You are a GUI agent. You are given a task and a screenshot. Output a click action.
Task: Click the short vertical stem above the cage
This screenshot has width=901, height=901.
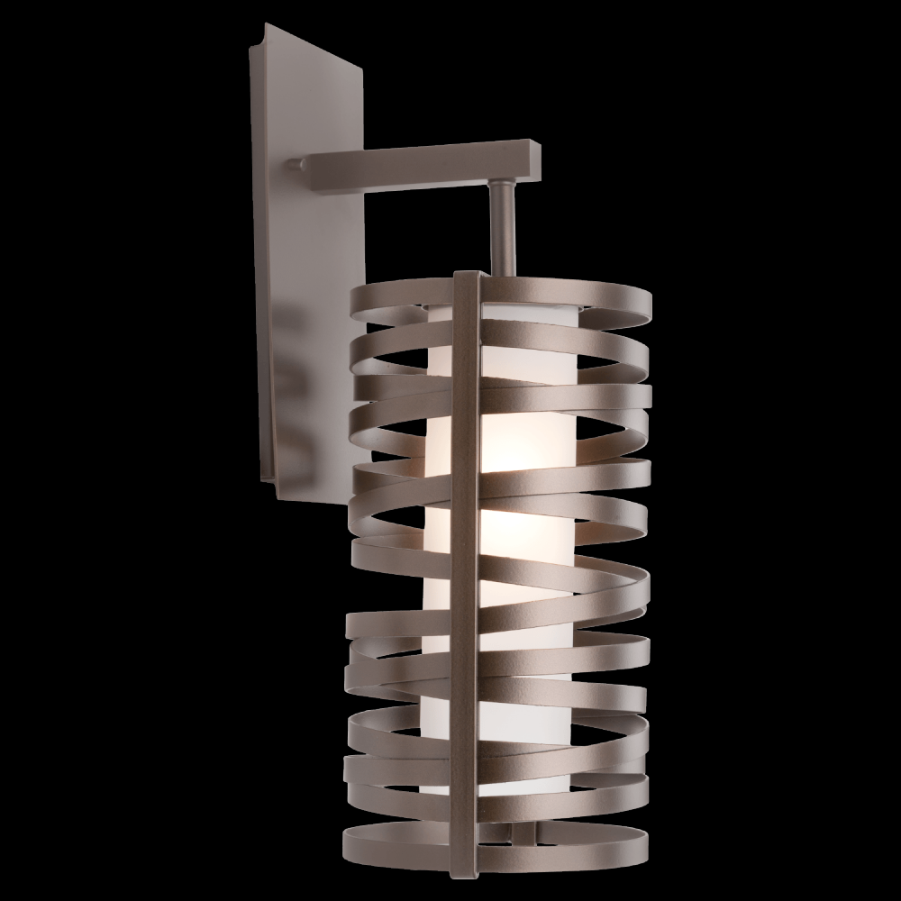point(503,225)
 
